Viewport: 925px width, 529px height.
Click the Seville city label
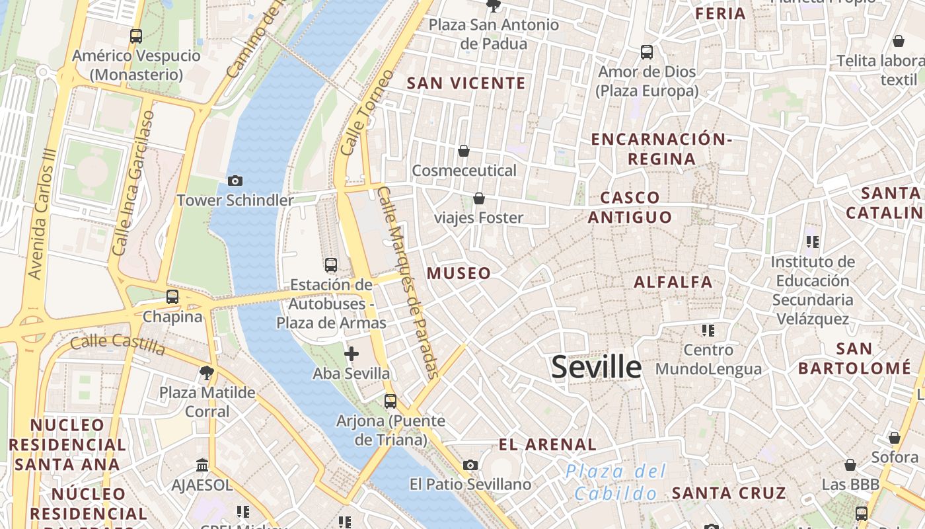[x=596, y=367]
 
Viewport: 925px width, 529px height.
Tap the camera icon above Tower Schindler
[x=235, y=181]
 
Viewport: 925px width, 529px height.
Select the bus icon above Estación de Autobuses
[x=331, y=265]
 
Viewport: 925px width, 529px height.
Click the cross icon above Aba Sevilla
[x=351, y=354]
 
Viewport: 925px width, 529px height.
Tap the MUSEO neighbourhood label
[x=459, y=273]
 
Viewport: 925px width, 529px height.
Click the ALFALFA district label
[x=673, y=282]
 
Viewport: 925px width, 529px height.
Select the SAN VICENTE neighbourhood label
[x=466, y=83]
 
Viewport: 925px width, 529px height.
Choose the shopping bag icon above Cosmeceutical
[x=464, y=151]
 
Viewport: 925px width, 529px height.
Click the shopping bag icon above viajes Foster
[x=478, y=198]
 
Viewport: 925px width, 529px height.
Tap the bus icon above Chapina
[x=172, y=297]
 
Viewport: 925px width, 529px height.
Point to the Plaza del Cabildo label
[x=616, y=482]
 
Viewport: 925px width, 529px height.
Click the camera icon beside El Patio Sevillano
[x=470, y=466]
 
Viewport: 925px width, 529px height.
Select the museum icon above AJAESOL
[x=202, y=466]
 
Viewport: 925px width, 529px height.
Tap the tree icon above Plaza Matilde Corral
[x=206, y=373]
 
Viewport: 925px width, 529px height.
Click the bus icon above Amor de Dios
[x=647, y=52]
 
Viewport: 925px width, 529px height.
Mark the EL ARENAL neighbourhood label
[x=548, y=444]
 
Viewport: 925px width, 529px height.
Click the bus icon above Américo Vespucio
[x=136, y=36]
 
